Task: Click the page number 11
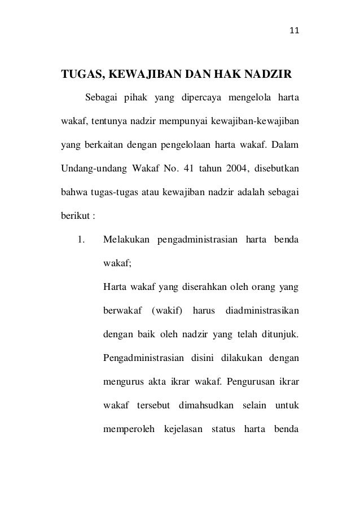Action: point(293,30)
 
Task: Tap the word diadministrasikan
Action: point(262,311)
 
